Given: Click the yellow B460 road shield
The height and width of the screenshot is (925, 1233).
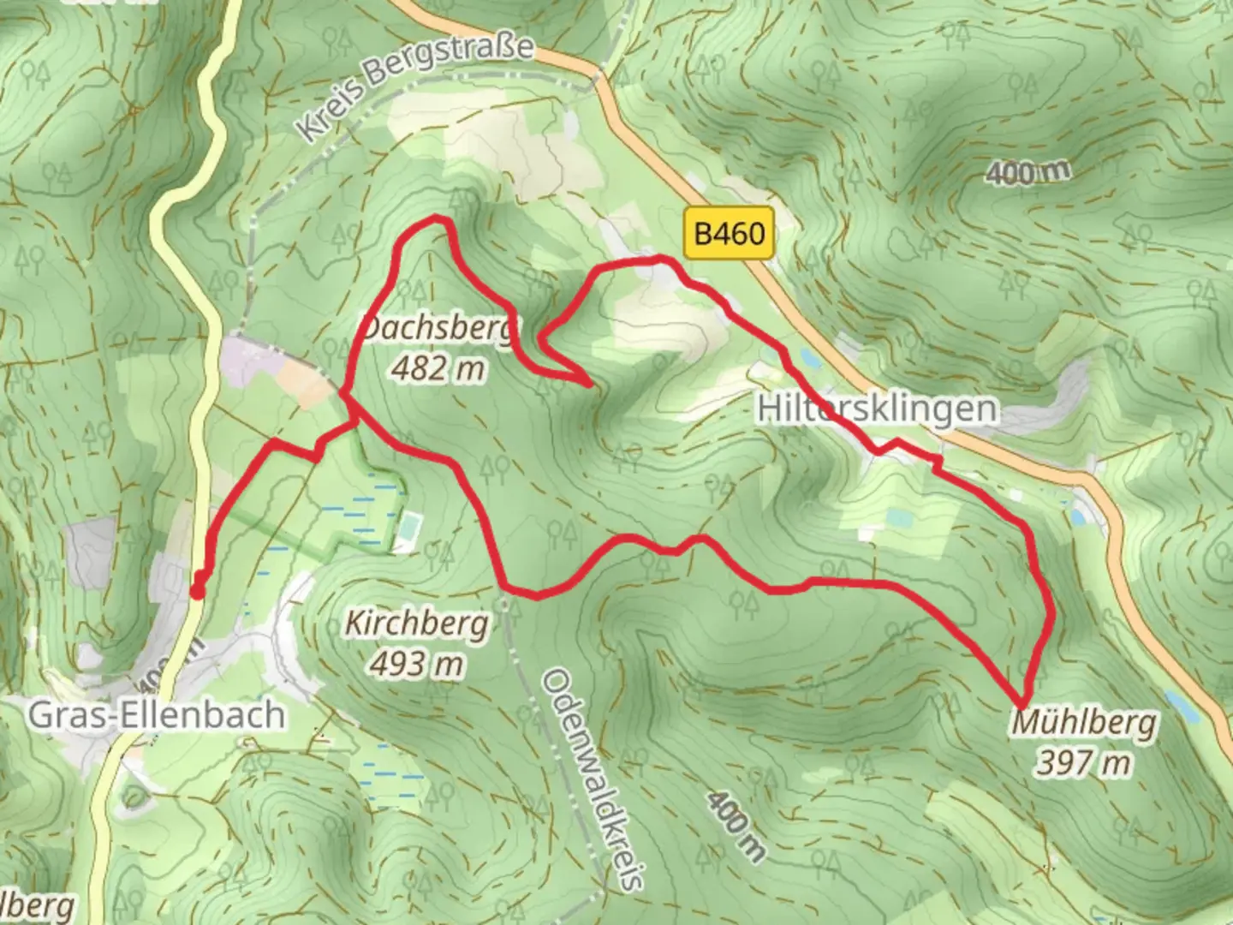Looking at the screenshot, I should tap(730, 232).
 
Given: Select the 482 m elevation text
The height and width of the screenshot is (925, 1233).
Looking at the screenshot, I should tap(438, 368).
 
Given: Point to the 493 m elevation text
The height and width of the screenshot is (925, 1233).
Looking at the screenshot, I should tap(416, 663).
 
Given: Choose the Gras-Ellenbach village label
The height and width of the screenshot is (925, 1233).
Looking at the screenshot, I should tap(157, 714).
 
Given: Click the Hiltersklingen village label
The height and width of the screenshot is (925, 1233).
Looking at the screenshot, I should tap(877, 409).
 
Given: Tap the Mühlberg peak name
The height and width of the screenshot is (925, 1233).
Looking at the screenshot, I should tap(1084, 724).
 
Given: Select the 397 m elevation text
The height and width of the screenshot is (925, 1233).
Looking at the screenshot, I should tap(1083, 761).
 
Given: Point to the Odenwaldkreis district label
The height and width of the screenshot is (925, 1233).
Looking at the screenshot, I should tap(593, 779).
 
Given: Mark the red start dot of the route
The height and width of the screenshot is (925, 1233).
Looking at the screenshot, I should tap(197, 591).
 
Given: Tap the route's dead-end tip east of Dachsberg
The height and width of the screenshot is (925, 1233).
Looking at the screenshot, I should tap(589, 384).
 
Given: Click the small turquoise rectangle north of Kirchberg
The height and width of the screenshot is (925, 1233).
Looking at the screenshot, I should tap(410, 522).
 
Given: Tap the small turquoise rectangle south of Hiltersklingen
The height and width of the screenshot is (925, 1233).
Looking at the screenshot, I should tap(899, 518).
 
